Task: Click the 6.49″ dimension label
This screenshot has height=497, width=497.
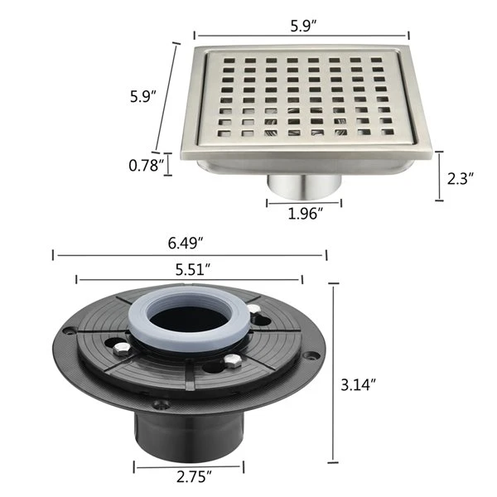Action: click(185, 244)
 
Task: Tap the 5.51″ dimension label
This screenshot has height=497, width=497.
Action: click(193, 270)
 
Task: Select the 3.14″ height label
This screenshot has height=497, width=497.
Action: click(358, 385)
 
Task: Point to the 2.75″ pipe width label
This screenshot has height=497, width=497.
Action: click(194, 477)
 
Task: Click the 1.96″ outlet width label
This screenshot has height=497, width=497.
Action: click(305, 214)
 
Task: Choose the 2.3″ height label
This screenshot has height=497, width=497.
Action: click(461, 179)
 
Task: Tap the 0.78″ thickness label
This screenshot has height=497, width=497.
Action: click(147, 166)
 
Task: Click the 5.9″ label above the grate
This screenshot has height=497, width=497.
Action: click(304, 26)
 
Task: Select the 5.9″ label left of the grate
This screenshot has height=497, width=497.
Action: click(143, 96)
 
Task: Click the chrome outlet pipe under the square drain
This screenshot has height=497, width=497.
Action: click(304, 186)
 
